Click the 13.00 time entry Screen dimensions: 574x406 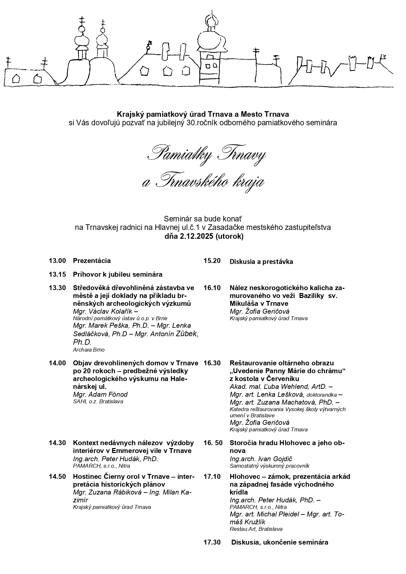(x=57, y=261)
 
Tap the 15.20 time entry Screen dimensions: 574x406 (x=212, y=261)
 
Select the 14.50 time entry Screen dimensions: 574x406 (x=57, y=476)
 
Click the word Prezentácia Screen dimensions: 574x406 (x=92, y=261)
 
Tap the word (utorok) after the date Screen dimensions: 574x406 (x=229, y=236)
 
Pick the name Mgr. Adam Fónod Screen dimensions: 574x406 (x=100, y=394)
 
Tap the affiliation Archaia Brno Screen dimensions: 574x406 (x=89, y=350)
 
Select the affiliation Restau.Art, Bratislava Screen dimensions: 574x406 (x=256, y=529)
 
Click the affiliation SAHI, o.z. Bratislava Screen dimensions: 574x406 (x=98, y=401)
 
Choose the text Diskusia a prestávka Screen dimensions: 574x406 (x=261, y=262)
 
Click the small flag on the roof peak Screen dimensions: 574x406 (x=150, y=43)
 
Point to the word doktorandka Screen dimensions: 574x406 (x=322, y=395)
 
